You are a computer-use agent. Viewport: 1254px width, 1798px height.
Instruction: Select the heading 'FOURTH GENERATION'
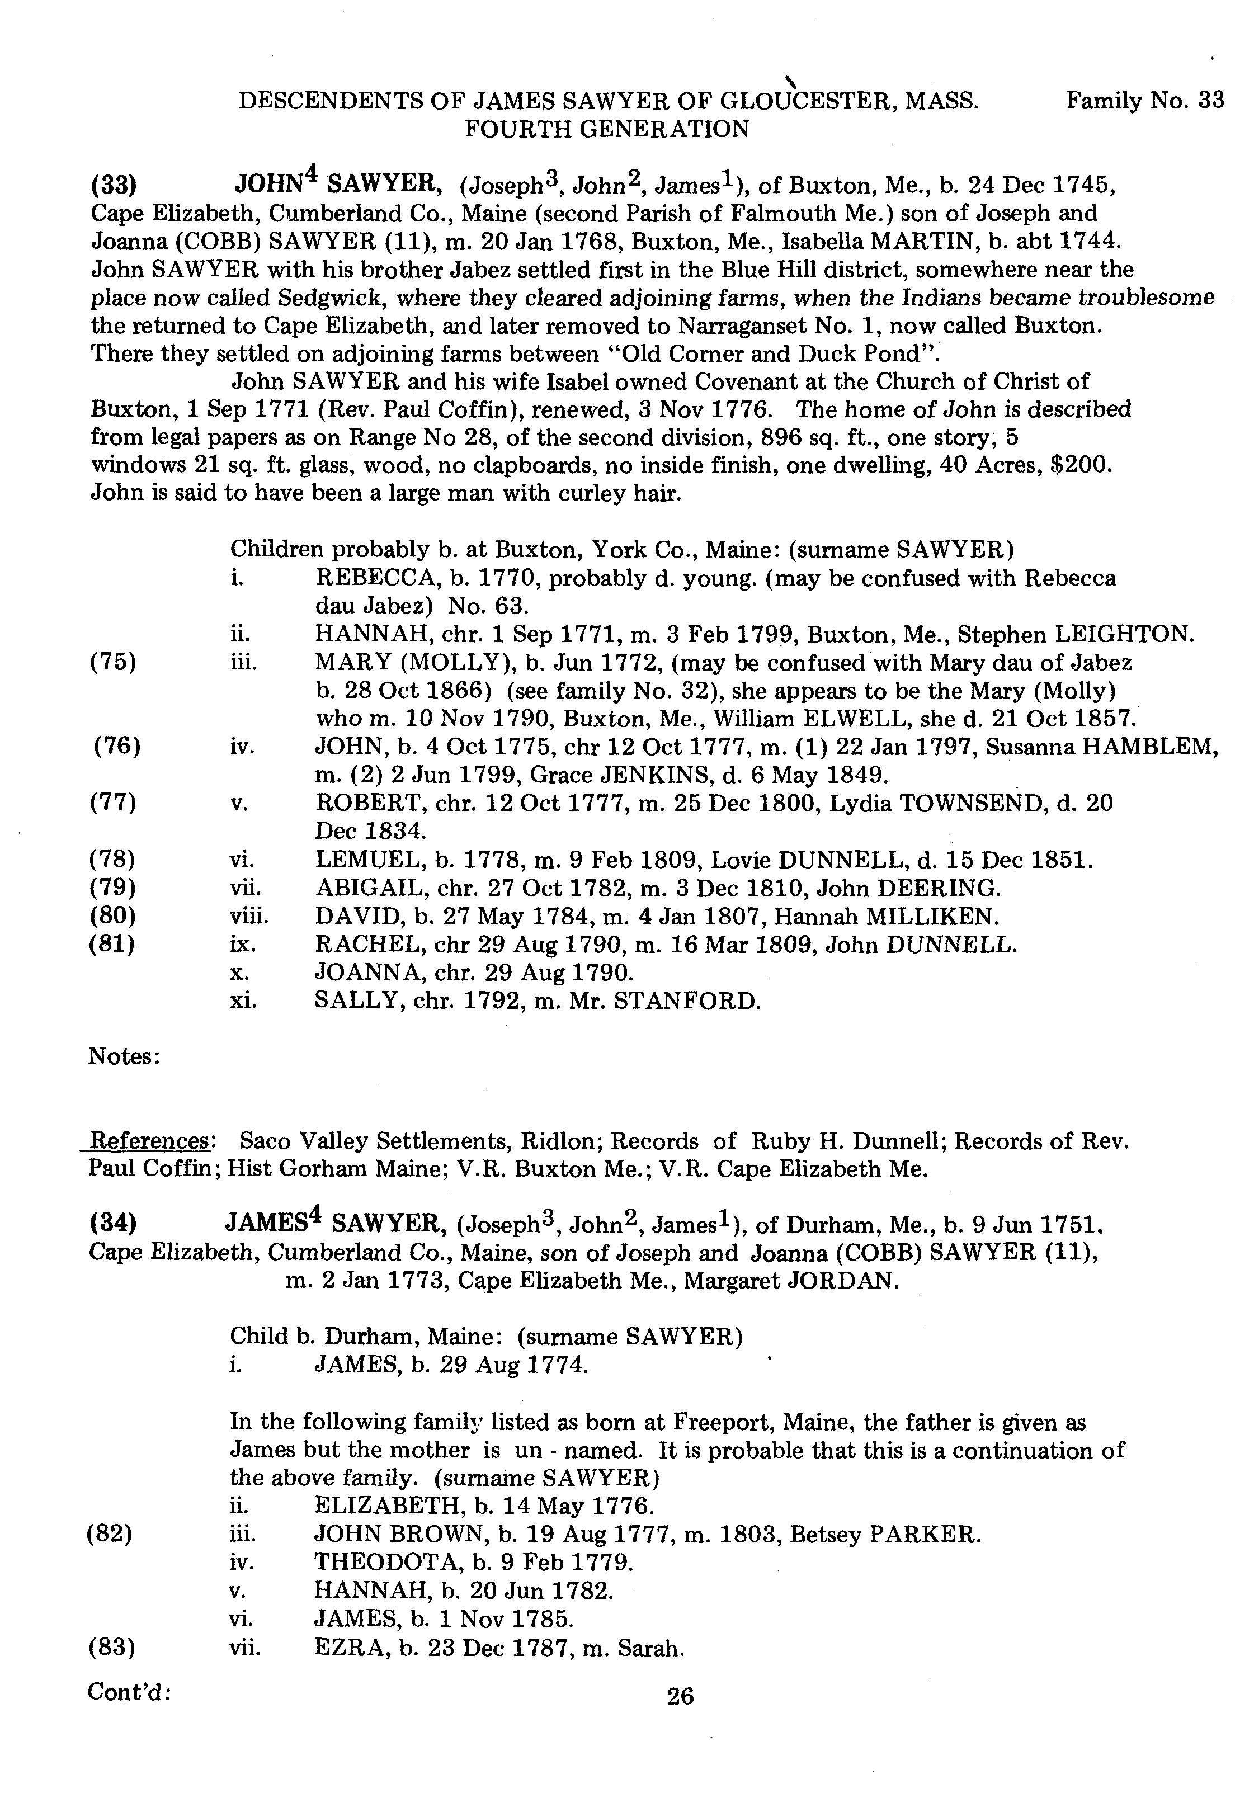[x=607, y=129]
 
